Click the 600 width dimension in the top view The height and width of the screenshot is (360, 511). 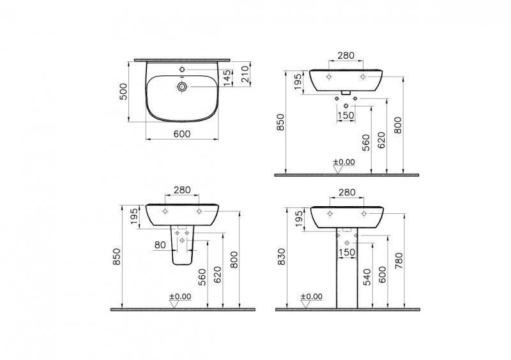182,134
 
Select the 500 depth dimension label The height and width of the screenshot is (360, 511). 123,91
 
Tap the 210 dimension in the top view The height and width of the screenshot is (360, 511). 245,74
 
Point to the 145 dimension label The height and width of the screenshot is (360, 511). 228,78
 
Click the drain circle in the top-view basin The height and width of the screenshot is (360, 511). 182,87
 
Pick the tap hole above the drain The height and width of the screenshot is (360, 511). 182,70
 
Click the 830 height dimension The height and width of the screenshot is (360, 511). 281,257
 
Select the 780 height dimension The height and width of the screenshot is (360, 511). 399,261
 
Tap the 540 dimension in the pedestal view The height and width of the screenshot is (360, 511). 367,277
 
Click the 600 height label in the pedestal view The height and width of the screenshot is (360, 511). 383,274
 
